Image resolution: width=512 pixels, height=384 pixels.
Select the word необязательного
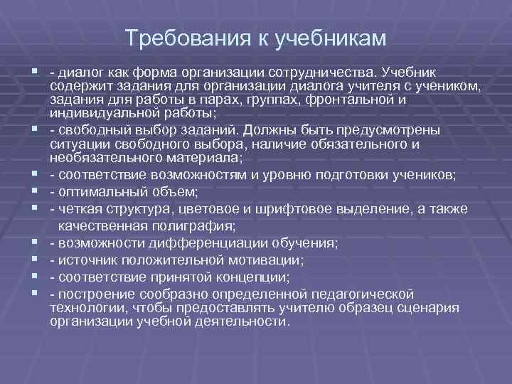(x=97, y=157)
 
